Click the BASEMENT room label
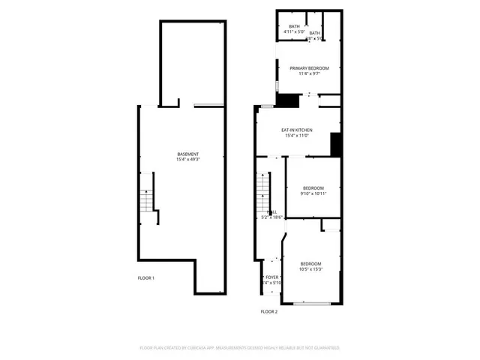187,154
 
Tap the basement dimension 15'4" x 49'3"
187,160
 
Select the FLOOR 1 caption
145,278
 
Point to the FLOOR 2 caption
268,311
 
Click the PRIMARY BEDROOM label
309,68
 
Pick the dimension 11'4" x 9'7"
309,73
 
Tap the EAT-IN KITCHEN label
297,130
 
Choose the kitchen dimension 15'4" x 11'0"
297,136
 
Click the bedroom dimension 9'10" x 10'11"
313,193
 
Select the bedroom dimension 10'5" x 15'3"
311,268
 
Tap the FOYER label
272,277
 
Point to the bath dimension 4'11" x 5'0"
294,31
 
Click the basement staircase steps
148,200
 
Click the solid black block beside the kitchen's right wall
336,143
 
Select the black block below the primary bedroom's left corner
286,100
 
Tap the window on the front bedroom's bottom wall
311,303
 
